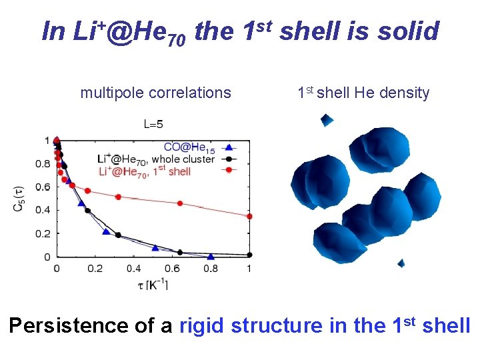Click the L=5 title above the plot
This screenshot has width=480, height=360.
[x=153, y=123]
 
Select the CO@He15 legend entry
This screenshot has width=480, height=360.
[x=189, y=147]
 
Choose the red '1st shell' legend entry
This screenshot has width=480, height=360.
[x=145, y=171]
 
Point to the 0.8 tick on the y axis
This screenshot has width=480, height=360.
[x=42, y=163]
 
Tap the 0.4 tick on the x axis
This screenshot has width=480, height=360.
[x=133, y=268]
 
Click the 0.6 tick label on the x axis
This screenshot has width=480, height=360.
[x=172, y=268]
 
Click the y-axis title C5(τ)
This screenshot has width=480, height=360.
[x=18, y=198]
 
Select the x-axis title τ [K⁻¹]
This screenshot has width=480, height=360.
[x=150, y=285]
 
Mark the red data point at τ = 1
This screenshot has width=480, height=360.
[x=249, y=216]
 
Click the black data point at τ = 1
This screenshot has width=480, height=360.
[x=249, y=255]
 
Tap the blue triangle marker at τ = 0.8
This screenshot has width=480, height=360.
[x=211, y=256]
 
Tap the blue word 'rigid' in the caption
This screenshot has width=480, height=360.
[x=203, y=325]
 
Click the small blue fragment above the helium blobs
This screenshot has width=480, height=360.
[x=326, y=120]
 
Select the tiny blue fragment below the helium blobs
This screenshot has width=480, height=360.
[x=401, y=263]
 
